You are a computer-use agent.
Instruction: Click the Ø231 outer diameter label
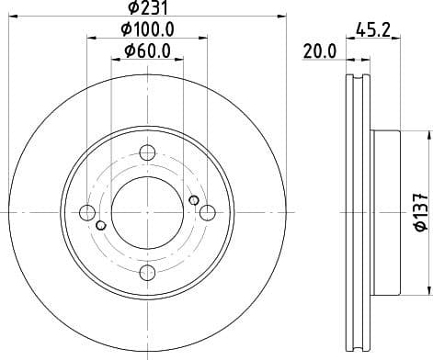(147, 10)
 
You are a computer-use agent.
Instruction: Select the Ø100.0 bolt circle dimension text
(147, 31)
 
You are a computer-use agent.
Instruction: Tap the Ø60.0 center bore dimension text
(147, 53)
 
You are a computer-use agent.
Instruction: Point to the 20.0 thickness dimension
(317, 52)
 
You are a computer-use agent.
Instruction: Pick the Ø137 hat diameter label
(419, 214)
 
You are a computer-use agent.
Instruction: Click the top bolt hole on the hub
(147, 153)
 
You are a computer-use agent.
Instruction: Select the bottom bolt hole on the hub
(147, 273)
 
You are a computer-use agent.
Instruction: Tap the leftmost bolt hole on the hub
(87, 213)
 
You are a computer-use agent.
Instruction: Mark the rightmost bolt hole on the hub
(207, 213)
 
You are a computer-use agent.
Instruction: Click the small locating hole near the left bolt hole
(101, 225)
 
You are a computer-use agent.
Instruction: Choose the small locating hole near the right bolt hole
(193, 201)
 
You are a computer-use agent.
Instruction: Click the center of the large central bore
(147, 213)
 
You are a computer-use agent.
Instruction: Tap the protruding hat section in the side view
(387, 213)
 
